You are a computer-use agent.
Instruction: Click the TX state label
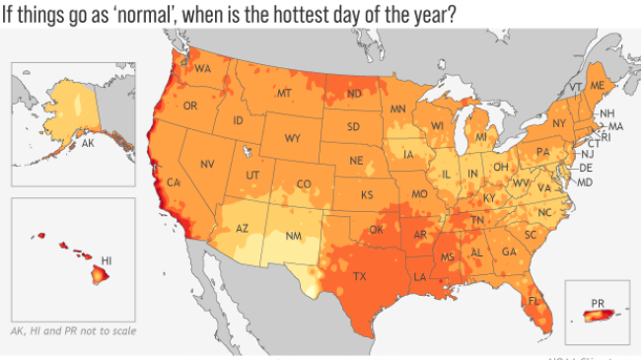click(x=359, y=276)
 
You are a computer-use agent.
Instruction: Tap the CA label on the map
click(x=173, y=182)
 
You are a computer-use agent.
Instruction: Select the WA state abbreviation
click(x=203, y=69)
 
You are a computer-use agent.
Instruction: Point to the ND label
click(x=353, y=95)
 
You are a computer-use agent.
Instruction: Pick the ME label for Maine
click(x=597, y=87)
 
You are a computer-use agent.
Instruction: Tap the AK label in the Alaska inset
click(x=88, y=144)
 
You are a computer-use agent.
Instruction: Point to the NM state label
click(x=294, y=237)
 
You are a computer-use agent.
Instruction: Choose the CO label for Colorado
click(x=304, y=184)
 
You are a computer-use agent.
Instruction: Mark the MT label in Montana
click(x=284, y=94)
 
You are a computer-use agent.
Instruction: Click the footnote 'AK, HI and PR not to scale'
click(x=72, y=330)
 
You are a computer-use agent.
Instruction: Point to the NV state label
click(x=207, y=164)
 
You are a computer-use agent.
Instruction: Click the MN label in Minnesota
click(x=398, y=108)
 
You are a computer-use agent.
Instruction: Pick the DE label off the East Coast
click(x=586, y=169)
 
